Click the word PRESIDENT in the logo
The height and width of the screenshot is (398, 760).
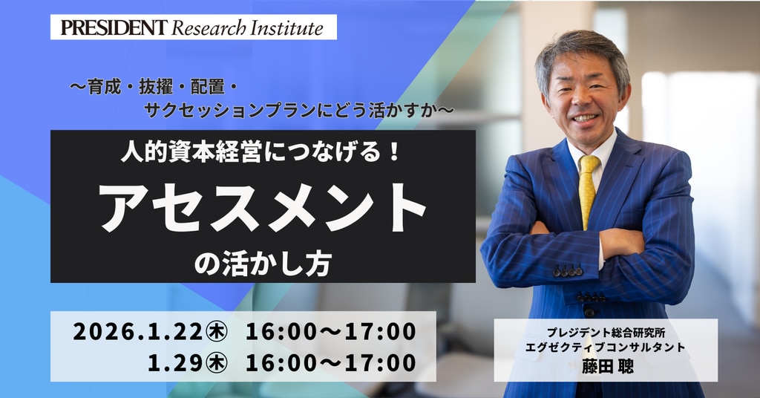coord(114,27)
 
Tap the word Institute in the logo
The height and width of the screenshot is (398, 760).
coord(286,27)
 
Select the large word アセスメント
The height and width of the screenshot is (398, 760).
coord(263,207)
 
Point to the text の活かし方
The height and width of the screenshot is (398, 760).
coord(263,264)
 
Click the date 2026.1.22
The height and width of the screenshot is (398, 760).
coord(138,332)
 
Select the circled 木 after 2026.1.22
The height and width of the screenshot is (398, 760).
coord(217,332)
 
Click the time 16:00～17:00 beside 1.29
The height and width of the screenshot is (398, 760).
coord(331,362)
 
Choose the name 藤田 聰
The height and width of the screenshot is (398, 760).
coord(607,366)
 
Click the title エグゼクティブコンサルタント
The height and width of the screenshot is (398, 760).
coord(606,348)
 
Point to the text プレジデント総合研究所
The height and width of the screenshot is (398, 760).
coord(606,333)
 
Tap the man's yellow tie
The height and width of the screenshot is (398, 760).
coord(588,189)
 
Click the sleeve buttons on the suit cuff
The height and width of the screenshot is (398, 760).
coord(568,272)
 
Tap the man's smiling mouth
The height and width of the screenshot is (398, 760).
coord(585,118)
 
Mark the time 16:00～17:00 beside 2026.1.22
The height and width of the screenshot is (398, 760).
coord(331,332)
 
